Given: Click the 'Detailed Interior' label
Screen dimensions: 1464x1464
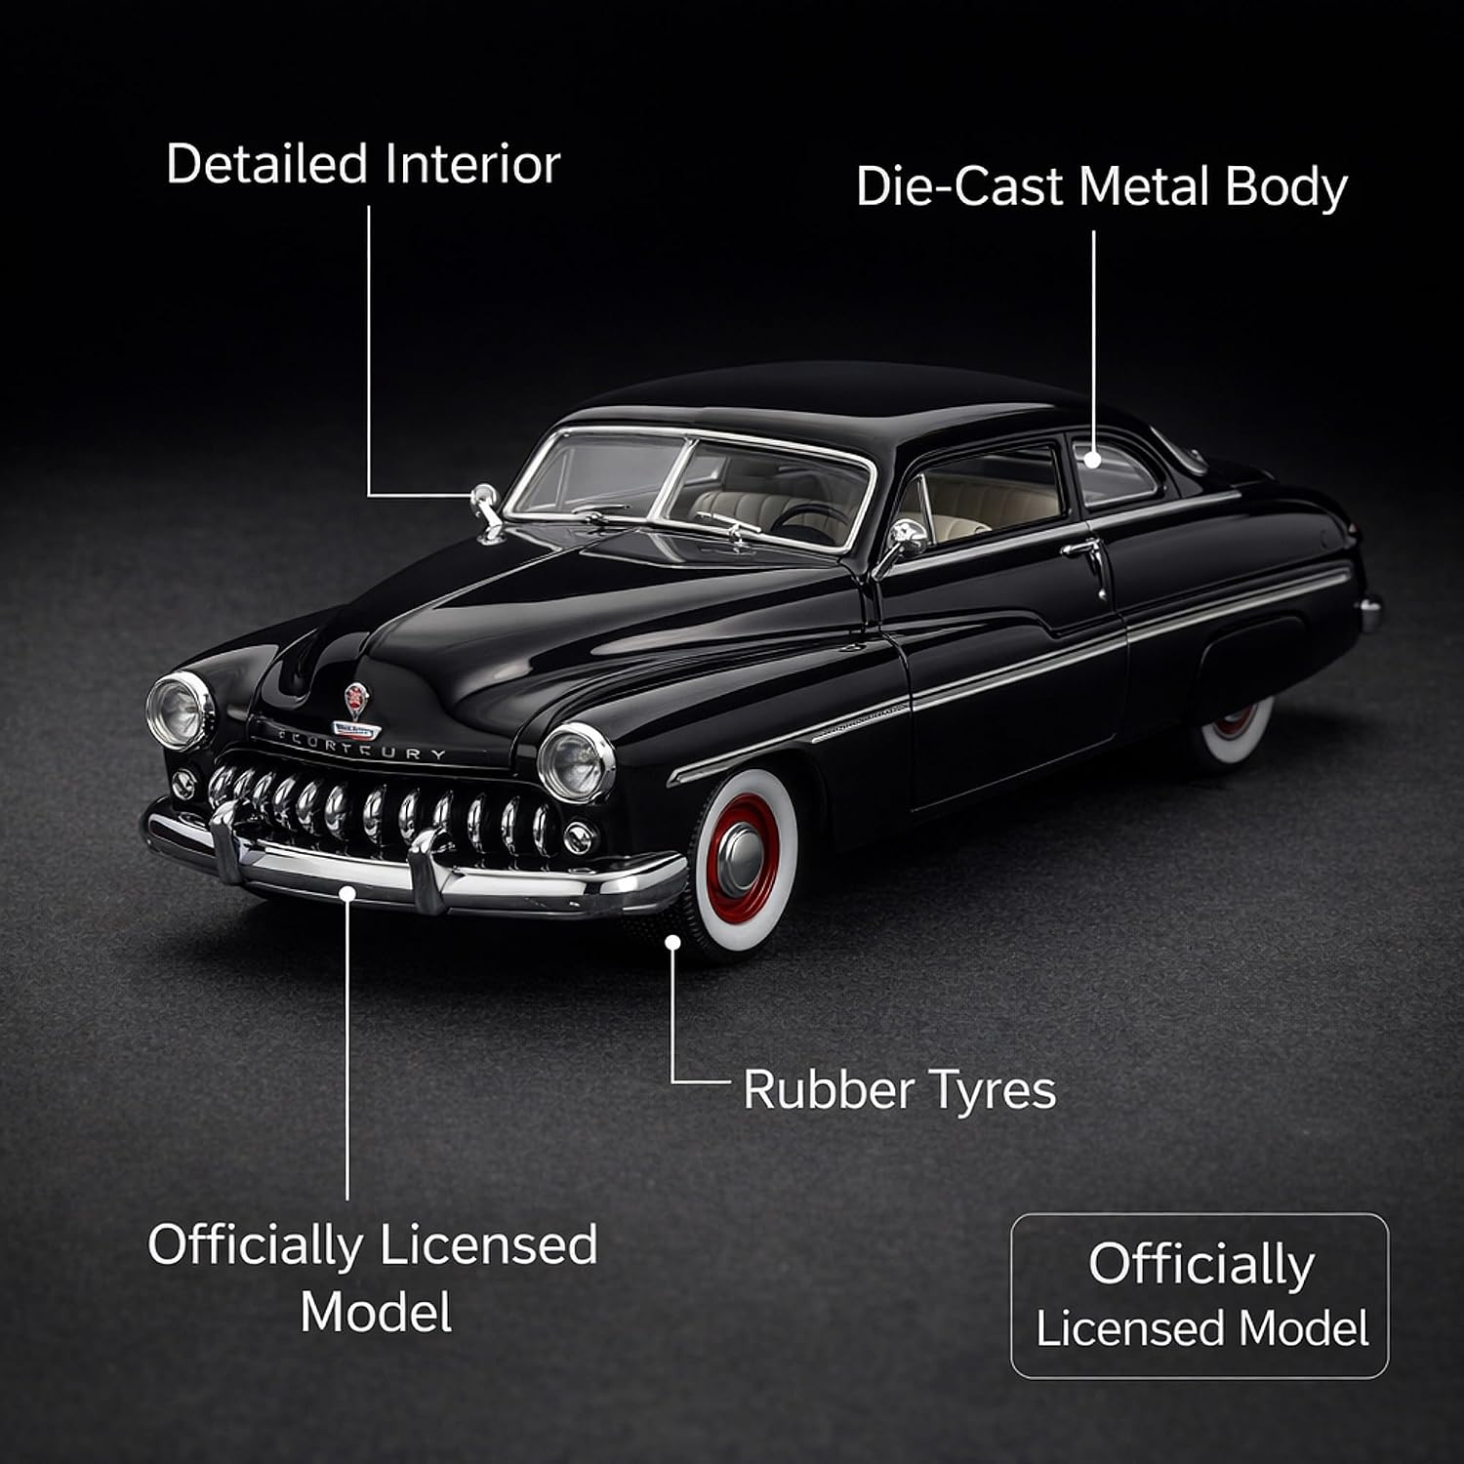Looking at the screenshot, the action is pos(363,164).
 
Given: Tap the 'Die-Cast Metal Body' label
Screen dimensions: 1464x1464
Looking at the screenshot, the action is pos(1102,186).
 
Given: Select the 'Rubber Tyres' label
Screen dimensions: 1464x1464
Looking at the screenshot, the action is pos(899,1090).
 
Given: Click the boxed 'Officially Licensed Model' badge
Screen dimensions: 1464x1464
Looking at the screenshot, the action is pos(1200,1295).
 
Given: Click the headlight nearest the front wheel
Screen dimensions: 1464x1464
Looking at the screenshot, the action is pos(576,762).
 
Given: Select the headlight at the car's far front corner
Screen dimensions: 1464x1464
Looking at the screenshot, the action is pos(180,711).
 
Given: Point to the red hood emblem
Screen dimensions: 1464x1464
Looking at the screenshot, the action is pos(356,700).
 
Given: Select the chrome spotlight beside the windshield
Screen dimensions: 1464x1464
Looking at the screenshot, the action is pos(485,508).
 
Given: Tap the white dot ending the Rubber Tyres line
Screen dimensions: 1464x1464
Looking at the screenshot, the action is pos(671,941).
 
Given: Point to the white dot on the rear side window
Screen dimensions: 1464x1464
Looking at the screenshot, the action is pos(1093,458).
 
